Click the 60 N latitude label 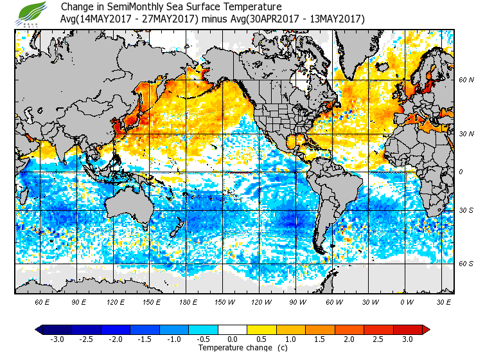(466, 80)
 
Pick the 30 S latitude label (466, 210)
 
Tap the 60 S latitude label (466, 263)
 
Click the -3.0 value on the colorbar (57, 339)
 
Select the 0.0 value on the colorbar (233, 339)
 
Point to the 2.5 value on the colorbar (379, 339)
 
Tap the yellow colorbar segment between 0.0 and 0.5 (247, 329)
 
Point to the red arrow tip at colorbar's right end (426, 329)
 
